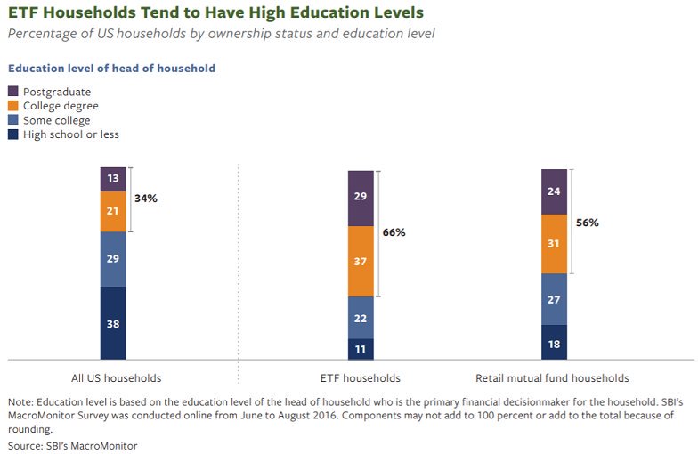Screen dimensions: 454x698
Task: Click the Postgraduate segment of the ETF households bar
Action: (361, 198)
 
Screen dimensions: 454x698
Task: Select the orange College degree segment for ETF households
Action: (361, 261)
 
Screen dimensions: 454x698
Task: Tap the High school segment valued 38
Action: (113, 323)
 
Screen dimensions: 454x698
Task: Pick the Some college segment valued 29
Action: (113, 259)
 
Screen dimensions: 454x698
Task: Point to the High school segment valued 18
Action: (554, 342)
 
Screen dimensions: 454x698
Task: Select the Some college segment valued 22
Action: (361, 317)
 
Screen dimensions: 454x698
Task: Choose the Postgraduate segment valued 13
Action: (113, 179)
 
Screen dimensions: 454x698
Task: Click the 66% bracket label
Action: (394, 232)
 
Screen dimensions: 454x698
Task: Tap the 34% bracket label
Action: (145, 199)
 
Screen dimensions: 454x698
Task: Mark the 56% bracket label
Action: (587, 223)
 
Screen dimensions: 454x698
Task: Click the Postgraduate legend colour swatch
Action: (13, 92)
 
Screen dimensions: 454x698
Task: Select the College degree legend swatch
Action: (13, 106)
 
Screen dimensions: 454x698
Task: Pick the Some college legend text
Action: (56, 120)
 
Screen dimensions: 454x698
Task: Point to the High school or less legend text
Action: (70, 134)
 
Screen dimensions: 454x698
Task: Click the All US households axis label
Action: (117, 377)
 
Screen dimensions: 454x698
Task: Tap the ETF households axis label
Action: (361, 377)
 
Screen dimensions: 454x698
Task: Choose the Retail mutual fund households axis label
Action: (553, 377)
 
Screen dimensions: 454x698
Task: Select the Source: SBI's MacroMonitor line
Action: (72, 444)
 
